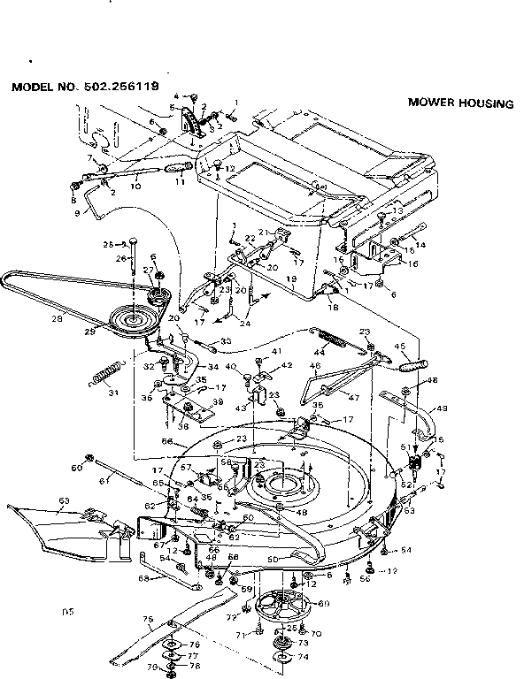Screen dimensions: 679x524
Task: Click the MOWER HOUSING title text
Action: click(459, 103)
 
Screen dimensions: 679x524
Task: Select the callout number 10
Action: click(135, 186)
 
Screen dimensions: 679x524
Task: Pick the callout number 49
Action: click(442, 408)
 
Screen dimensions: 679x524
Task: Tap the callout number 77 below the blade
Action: click(193, 657)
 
